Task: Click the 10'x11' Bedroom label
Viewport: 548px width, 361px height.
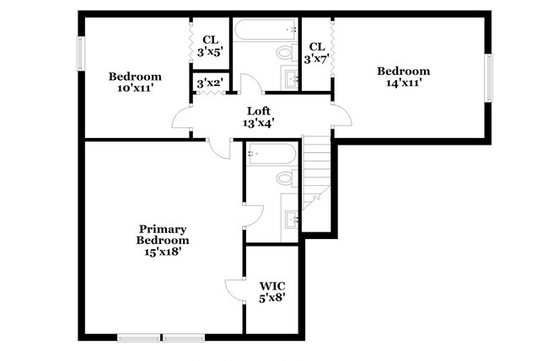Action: (x=135, y=82)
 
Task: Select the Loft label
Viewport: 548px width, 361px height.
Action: (x=259, y=117)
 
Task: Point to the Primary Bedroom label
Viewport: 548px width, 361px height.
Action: (x=163, y=239)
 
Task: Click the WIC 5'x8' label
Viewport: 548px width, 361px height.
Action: (x=271, y=290)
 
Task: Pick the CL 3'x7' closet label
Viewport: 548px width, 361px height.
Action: (x=318, y=52)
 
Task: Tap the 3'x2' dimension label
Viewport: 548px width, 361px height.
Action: (x=208, y=83)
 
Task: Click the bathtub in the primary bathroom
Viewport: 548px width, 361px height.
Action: (x=271, y=154)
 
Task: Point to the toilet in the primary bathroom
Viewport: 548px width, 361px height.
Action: (x=284, y=179)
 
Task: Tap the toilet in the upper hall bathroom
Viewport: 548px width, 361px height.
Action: (x=284, y=54)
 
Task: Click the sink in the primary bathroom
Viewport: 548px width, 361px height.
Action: (x=292, y=220)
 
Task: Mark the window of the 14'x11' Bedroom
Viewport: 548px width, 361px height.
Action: (x=488, y=77)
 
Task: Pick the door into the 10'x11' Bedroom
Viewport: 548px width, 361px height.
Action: (x=182, y=119)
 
